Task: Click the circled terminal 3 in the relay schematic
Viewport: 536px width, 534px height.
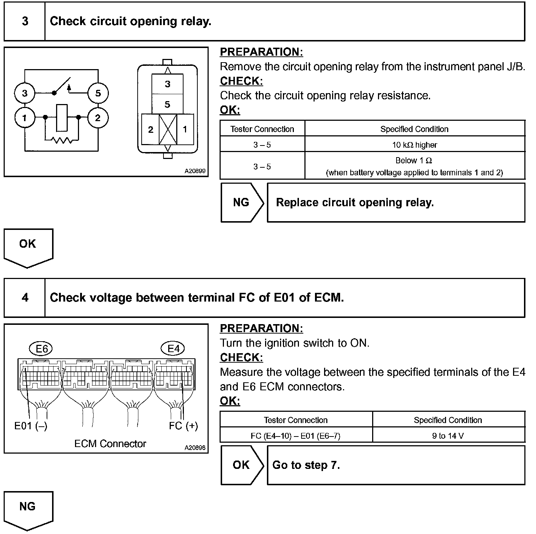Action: coord(24,93)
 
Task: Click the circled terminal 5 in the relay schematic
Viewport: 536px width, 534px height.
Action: coord(98,93)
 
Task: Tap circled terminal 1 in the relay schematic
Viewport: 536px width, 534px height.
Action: coord(24,118)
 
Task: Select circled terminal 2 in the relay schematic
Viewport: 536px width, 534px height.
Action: coord(98,118)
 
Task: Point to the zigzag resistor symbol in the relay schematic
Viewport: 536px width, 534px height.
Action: coord(62,140)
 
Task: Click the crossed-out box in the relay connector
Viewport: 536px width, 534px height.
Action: coord(168,129)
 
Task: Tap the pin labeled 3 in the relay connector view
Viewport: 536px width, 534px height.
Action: coord(167,84)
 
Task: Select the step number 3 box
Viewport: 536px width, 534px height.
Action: coord(25,21)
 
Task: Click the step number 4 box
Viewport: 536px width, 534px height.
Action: coord(25,298)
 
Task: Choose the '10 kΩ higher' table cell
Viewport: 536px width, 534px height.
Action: coord(414,145)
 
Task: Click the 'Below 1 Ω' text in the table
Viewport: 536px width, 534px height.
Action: coord(414,160)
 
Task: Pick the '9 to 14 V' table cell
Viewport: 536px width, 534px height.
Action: coord(448,436)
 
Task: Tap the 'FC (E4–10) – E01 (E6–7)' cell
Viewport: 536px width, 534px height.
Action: coord(296,436)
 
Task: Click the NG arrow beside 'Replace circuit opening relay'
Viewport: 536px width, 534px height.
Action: coord(242,202)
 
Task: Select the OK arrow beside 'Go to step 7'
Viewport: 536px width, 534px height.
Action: coord(242,465)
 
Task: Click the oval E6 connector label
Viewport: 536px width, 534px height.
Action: coord(42,349)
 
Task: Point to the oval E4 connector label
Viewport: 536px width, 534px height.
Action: coord(173,349)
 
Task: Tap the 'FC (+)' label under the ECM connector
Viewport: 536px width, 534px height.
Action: coord(183,426)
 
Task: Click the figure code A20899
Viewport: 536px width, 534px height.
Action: coord(195,171)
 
